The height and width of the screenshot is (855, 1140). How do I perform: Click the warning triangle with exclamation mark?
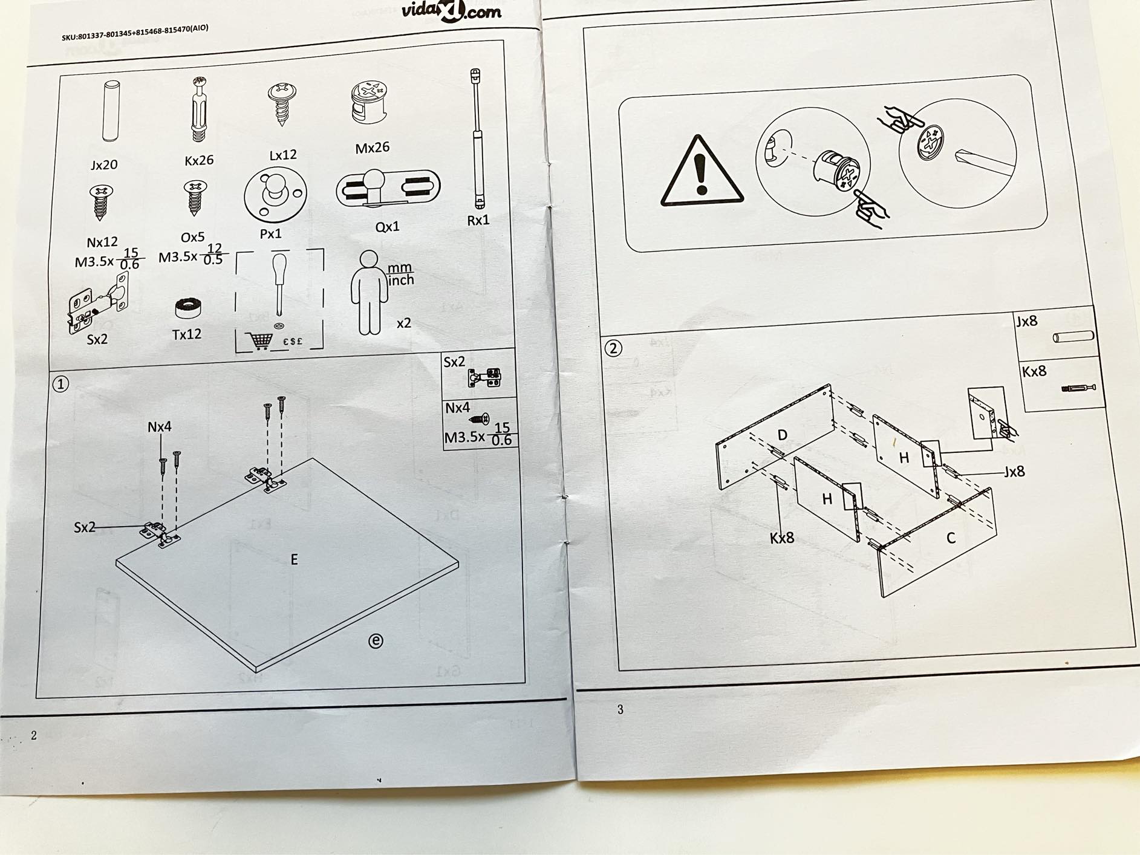(702, 172)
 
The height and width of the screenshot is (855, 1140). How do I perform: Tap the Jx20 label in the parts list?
(104, 164)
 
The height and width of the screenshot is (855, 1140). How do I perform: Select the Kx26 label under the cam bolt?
(199, 160)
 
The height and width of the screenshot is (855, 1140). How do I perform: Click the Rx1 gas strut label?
(478, 220)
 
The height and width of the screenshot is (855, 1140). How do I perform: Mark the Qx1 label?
(388, 227)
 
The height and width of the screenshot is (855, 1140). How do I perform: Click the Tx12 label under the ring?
(187, 334)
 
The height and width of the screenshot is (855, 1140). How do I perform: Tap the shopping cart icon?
(261, 340)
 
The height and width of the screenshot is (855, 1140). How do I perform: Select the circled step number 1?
(60, 384)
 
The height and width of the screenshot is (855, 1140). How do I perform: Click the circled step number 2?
(613, 348)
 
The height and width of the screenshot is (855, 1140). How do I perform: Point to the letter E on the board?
(294, 560)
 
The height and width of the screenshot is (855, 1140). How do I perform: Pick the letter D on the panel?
(783, 435)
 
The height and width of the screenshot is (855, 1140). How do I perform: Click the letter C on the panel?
(951, 538)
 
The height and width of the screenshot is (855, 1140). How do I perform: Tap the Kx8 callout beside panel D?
(782, 538)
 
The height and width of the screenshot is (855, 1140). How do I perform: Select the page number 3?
(620, 710)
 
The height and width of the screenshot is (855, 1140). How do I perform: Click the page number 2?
(34, 735)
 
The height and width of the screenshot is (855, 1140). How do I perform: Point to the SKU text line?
(135, 33)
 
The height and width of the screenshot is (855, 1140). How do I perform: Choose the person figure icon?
(368, 293)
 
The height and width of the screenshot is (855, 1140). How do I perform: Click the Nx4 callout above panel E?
(160, 427)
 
